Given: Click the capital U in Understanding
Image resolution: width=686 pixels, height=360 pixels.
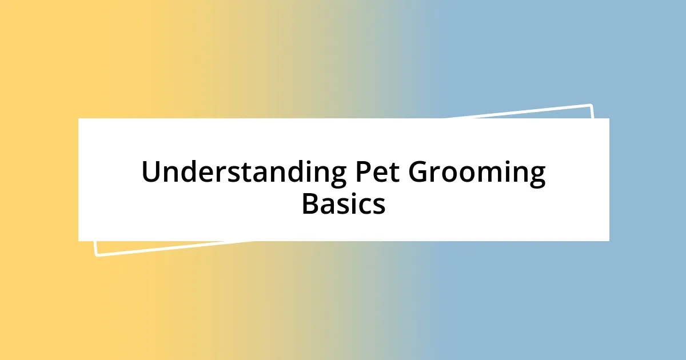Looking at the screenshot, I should (x=151, y=173).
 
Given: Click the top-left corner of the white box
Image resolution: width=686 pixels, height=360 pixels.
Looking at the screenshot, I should (x=78, y=118).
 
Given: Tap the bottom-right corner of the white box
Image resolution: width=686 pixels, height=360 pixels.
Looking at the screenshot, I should (x=609, y=241).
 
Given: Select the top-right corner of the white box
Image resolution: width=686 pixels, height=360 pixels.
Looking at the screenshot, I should (x=609, y=118).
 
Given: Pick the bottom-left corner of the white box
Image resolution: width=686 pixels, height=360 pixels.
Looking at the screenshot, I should (x=78, y=241).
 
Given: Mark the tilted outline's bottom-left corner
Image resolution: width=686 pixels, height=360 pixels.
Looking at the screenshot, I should (x=96, y=255).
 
